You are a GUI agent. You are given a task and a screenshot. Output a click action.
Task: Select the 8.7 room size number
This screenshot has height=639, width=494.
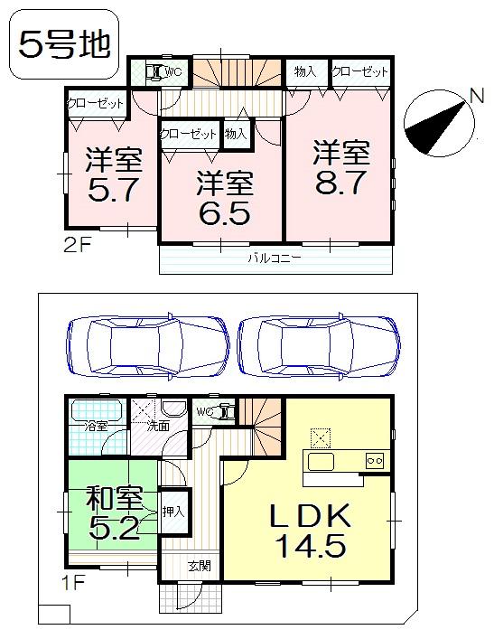(x=340, y=168)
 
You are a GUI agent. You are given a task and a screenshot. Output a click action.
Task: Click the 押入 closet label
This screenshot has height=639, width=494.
(x=173, y=512)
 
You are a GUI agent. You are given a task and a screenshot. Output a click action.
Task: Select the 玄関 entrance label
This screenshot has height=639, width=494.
(x=200, y=567)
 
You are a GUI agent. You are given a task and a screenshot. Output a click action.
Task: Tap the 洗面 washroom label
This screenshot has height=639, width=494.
(x=158, y=425)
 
